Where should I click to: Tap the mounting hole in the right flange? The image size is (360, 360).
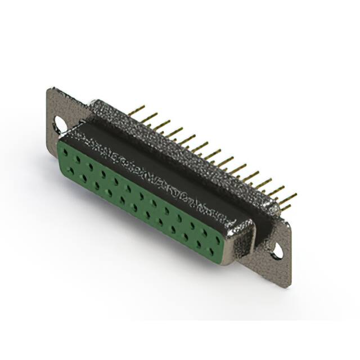click(277, 253)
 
